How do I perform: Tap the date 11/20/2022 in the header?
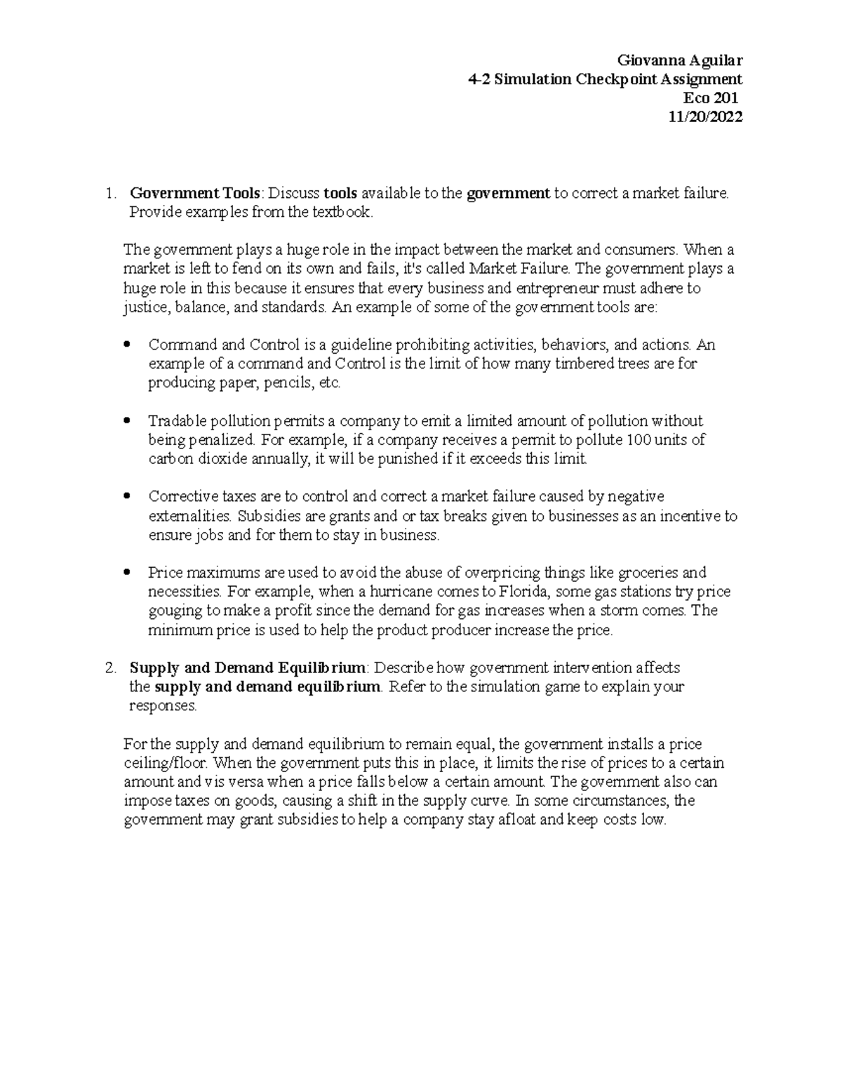coord(705,117)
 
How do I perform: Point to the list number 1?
coord(107,194)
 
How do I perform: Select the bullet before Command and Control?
coord(126,345)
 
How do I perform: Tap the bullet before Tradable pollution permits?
coord(126,421)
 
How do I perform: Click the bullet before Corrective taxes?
coord(126,497)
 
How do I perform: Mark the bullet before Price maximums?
coord(126,573)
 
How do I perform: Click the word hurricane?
coord(399,592)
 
